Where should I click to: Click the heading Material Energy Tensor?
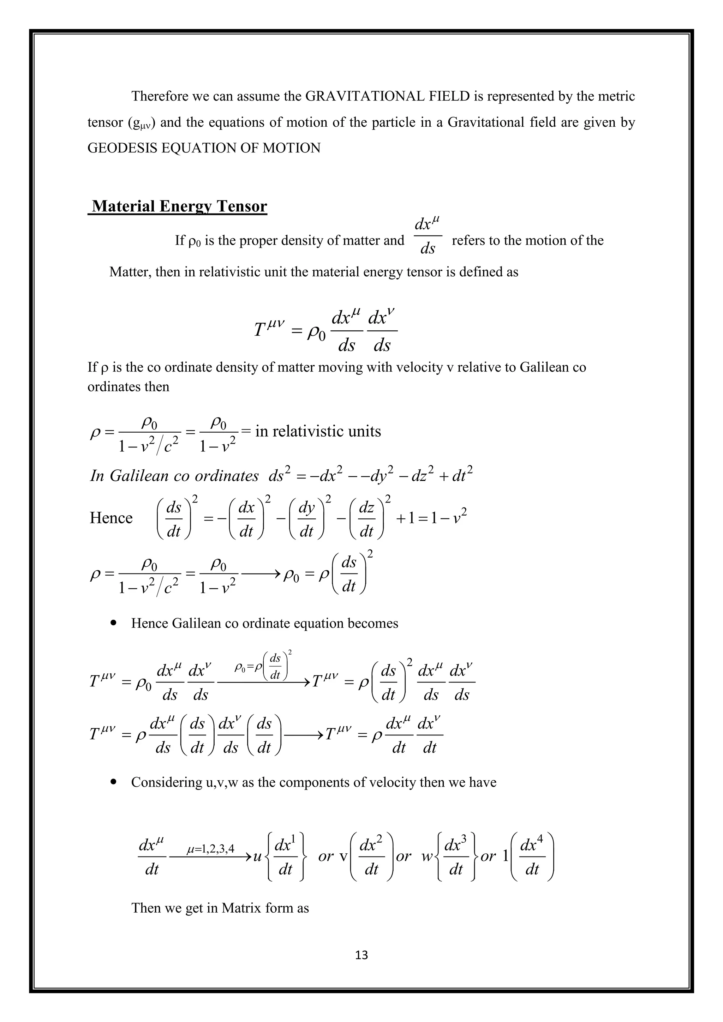179,206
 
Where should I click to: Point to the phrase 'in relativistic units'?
318,431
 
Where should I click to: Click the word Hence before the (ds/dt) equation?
111,518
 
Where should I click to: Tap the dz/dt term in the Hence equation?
366,518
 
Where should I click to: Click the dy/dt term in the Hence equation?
306,518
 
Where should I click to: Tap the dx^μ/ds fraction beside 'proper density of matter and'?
428,236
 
